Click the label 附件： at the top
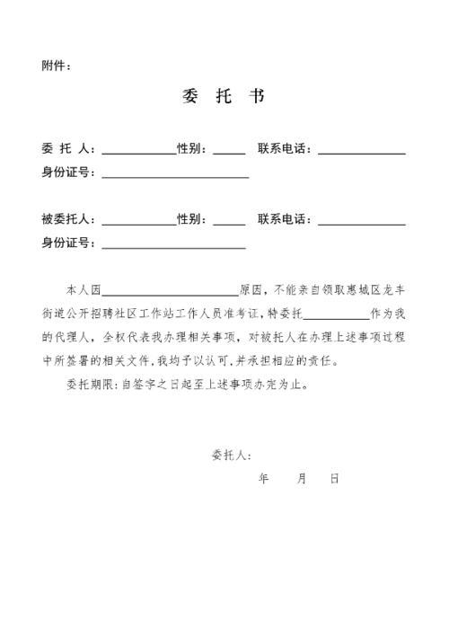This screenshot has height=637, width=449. [x=55, y=66]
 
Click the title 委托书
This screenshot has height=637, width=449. [x=221, y=96]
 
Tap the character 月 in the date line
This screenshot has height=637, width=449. [x=302, y=479]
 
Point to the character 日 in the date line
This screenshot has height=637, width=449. [x=334, y=479]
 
